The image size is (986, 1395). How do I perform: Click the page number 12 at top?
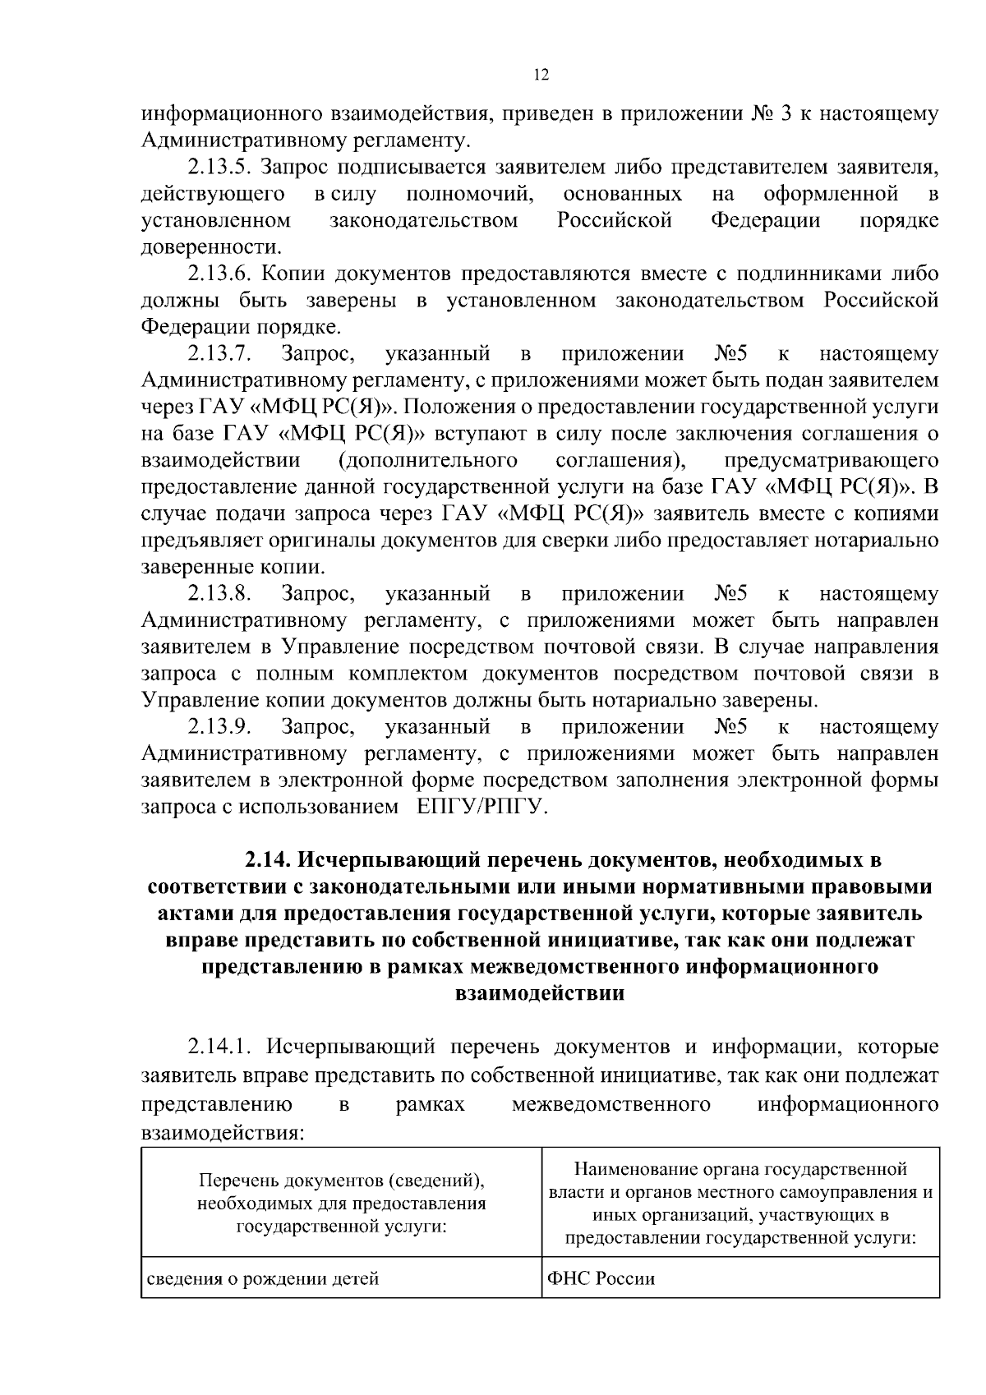click(541, 75)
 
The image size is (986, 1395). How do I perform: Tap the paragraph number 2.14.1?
click(220, 1047)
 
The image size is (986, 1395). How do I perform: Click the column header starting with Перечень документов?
click(341, 1204)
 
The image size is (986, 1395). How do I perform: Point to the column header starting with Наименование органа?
click(740, 1204)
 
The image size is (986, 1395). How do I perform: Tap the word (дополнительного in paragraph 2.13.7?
click(427, 461)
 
